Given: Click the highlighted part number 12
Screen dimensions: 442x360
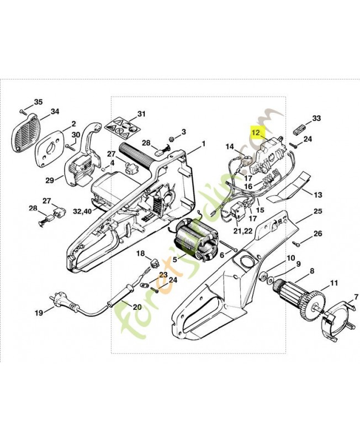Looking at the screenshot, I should [x=256, y=132].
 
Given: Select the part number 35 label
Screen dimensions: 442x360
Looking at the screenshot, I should [x=38, y=102].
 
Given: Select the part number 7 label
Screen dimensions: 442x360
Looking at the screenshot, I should [x=318, y=195].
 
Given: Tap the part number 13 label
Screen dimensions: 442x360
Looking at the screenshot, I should [x=318, y=195].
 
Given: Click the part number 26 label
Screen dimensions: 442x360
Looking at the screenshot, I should [x=317, y=234].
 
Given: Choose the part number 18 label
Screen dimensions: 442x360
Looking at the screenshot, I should [x=140, y=253].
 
